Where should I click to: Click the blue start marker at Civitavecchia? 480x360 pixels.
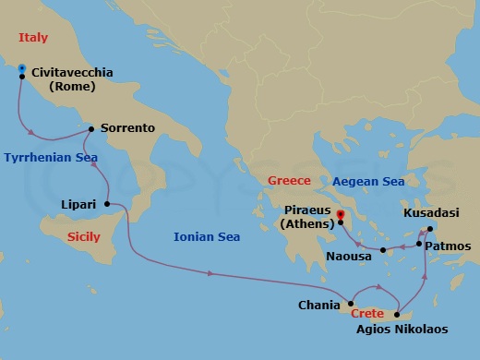pos(21,68)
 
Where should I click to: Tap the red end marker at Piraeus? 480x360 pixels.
pos(341,215)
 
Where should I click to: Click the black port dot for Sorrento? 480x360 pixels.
pos(90,129)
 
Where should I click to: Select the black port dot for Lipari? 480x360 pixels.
pos(108,204)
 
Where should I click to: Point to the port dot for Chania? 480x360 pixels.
pos(350,303)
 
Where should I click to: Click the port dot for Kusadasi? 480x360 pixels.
pos(430,228)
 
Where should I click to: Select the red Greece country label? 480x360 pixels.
pos(288,180)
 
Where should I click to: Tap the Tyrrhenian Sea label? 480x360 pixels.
pos(50,158)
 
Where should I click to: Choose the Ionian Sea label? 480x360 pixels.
pos(207,237)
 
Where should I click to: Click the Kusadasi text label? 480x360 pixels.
pos(435,212)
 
